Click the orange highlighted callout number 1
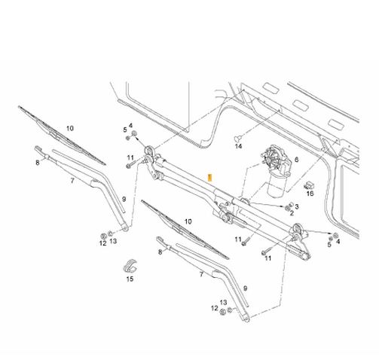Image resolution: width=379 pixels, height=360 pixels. [x=210, y=178]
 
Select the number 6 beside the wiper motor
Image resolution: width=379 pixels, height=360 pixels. [x=296, y=160]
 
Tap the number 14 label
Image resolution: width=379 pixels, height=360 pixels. [x=238, y=146]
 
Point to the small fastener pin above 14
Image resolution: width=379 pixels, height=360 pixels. [x=238, y=138]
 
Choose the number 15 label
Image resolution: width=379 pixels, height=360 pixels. [x=130, y=279]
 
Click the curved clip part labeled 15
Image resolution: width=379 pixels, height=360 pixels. [x=130, y=266]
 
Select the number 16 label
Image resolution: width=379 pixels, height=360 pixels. [x=310, y=194]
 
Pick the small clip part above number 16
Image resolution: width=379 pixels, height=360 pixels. [x=309, y=186]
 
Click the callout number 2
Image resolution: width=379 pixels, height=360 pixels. [x=292, y=213]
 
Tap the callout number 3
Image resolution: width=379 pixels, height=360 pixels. [x=297, y=206]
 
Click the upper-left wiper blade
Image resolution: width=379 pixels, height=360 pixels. [x=62, y=136]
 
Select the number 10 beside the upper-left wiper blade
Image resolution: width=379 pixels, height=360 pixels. [x=70, y=128]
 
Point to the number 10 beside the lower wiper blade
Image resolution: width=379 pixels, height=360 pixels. [x=188, y=221]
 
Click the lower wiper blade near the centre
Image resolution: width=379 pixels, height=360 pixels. [x=185, y=230]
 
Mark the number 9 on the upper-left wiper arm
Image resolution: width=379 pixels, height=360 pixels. [x=124, y=200]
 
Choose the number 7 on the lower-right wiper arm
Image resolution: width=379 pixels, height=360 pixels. [x=201, y=275]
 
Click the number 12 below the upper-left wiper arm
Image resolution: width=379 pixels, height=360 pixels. [x=102, y=243]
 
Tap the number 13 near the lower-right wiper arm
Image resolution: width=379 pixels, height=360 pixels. [x=223, y=303]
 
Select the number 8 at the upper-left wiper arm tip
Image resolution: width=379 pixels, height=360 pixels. [x=38, y=163]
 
